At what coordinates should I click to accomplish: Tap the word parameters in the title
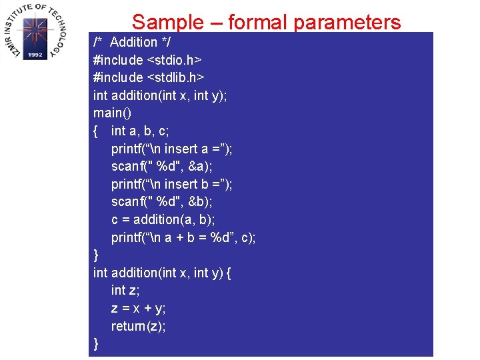click(x=347, y=23)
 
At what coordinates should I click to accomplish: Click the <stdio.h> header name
click(x=175, y=60)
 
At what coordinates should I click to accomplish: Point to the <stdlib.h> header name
click(x=175, y=77)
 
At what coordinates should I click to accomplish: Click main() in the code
click(x=112, y=113)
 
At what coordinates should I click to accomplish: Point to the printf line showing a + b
click(x=183, y=237)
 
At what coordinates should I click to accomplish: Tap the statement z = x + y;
click(x=139, y=308)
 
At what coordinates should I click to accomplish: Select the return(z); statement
click(x=139, y=326)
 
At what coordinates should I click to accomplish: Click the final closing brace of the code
click(x=97, y=343)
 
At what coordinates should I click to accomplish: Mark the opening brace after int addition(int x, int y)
click(x=229, y=273)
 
